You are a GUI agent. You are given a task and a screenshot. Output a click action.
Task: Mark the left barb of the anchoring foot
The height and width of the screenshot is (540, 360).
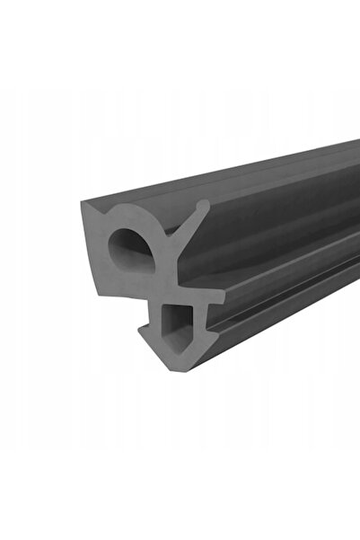click(144, 335)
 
